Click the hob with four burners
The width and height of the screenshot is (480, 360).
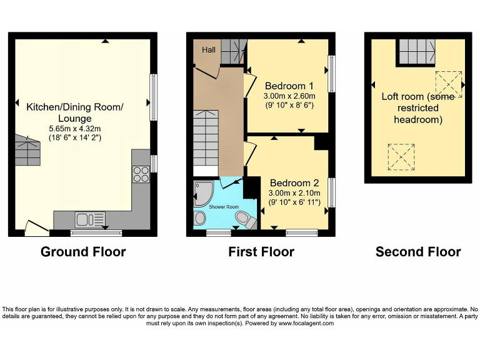pyautogui.click(x=141, y=173)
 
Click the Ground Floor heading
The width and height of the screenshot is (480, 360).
pyautogui.click(x=83, y=252)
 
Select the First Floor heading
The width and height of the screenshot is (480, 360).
pyautogui.click(x=262, y=252)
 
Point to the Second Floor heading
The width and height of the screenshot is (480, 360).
pyautogui.click(x=418, y=252)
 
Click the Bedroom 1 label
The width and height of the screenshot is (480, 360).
pyautogui.click(x=288, y=85)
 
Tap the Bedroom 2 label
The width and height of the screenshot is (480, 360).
pyautogui.click(x=294, y=183)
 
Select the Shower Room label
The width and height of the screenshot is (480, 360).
pyautogui.click(x=224, y=207)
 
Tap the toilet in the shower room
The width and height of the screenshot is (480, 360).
pyautogui.click(x=244, y=219)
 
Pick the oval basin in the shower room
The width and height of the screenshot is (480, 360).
pyautogui.click(x=201, y=218)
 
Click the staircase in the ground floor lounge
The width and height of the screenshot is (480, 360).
pyautogui.click(x=26, y=147)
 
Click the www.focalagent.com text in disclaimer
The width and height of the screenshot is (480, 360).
pyautogui.click(x=306, y=323)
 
